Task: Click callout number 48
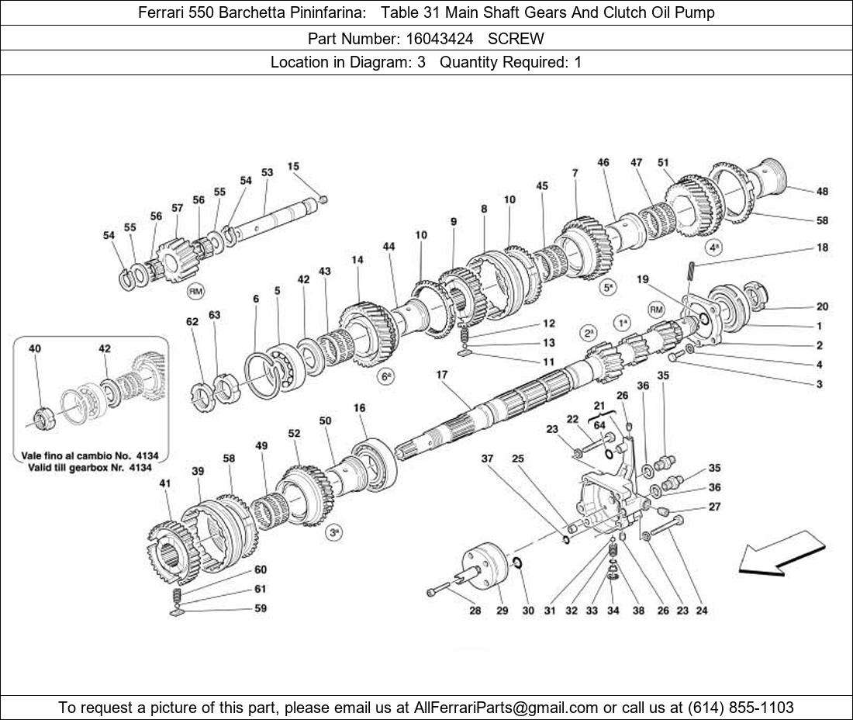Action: coord(822,191)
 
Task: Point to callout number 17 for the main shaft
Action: coord(442,375)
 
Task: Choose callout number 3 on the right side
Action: coord(819,384)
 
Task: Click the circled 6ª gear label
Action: coord(386,377)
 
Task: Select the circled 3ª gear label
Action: coord(334,533)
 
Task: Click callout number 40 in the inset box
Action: coord(35,348)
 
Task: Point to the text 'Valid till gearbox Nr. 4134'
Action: coord(90,467)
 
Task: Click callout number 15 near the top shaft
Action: coord(293,166)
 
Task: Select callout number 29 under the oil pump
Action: coord(502,611)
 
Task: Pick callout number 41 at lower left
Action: coord(165,483)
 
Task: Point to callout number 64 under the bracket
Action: coord(599,424)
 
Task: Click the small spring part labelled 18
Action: coord(692,272)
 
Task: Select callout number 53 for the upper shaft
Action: coord(267,172)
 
